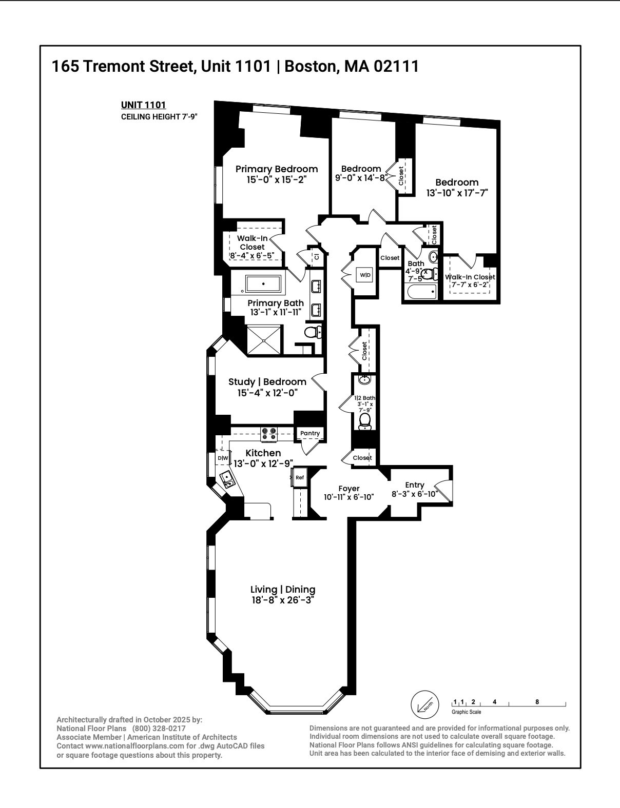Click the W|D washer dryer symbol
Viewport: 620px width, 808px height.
tap(365, 275)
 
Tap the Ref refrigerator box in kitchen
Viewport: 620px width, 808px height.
tap(300, 477)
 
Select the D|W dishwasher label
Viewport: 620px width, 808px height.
tap(223, 458)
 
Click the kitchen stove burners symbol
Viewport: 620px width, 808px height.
tap(268, 434)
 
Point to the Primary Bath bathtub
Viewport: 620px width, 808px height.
tap(263, 284)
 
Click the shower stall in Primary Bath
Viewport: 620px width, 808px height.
tap(264, 339)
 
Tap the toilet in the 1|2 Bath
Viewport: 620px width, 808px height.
tap(365, 421)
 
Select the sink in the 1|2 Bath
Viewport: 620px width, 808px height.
tap(364, 380)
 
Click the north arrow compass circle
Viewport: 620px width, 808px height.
tap(425, 705)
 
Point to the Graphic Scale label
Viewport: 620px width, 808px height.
tap(466, 712)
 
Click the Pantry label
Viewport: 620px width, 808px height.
tap(310, 433)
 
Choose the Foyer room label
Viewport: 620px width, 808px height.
tap(349, 489)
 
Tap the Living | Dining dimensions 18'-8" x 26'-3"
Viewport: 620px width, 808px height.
tap(282, 600)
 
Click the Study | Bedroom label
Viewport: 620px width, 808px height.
tap(267, 382)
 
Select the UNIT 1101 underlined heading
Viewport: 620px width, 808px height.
tap(143, 105)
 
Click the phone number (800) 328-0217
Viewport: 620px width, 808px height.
tap(159, 728)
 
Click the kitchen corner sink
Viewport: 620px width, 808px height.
tap(227, 480)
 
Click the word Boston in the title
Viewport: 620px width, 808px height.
tap(309, 66)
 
